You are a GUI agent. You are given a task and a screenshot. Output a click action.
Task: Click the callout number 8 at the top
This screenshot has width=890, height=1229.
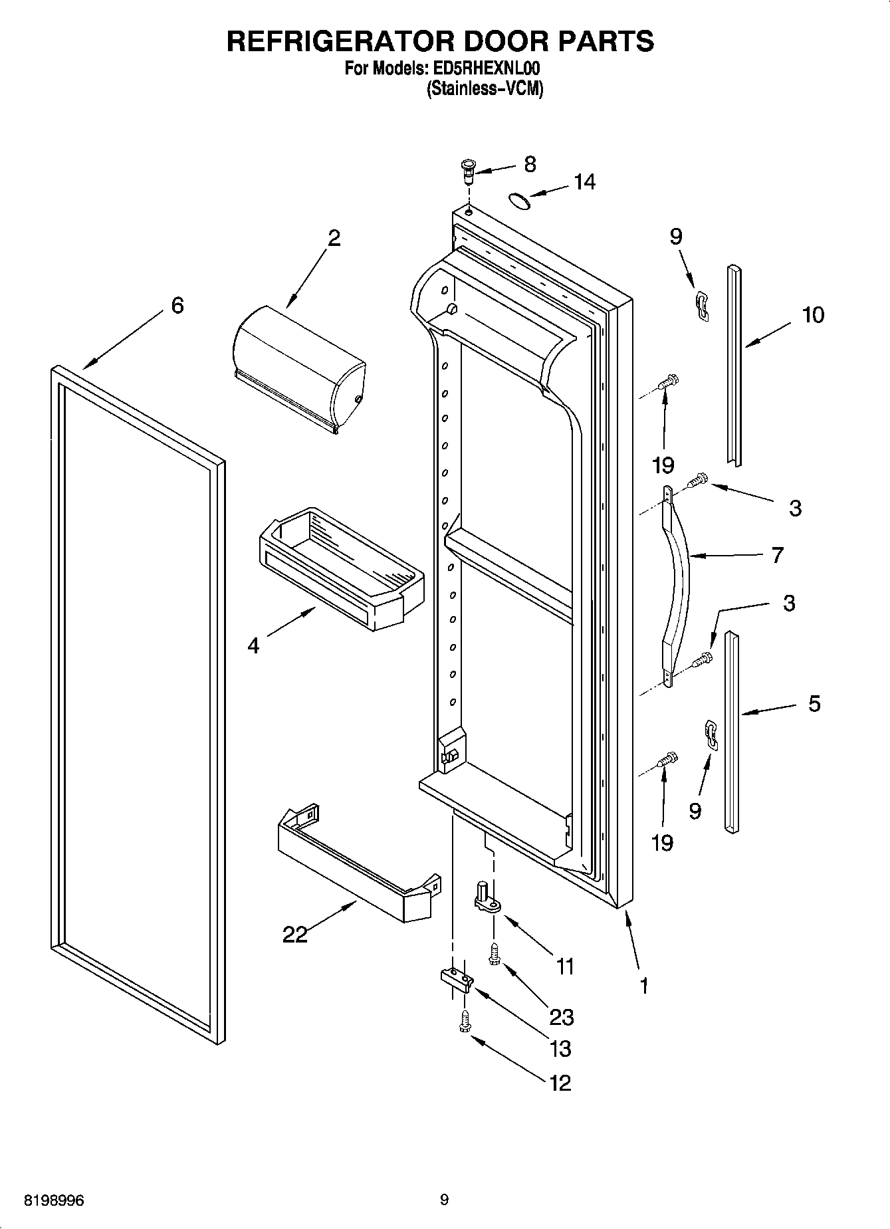[x=530, y=164]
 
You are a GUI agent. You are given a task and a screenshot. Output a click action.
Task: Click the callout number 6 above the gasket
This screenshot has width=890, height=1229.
[x=177, y=305]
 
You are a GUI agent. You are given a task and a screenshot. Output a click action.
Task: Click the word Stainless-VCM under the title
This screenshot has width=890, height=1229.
[x=485, y=88]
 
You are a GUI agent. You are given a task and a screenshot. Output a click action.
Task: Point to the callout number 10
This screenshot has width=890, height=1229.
[x=813, y=314]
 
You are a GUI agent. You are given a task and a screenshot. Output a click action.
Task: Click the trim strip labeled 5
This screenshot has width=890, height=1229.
[x=731, y=731]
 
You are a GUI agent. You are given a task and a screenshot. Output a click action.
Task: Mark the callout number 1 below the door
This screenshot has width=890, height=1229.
[x=643, y=986]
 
